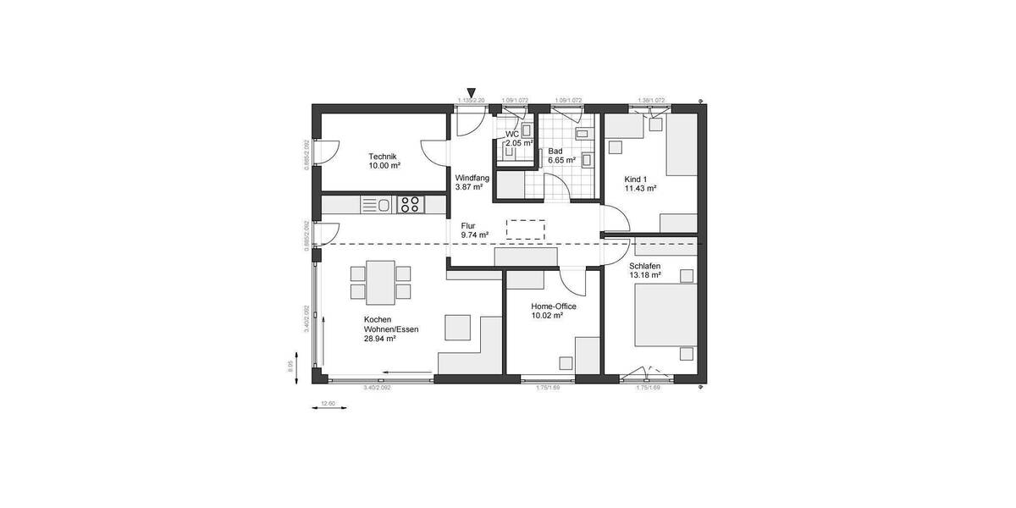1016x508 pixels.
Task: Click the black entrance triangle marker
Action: tap(472, 93)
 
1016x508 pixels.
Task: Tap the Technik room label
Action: tap(383, 157)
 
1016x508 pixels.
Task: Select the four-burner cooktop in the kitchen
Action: tap(410, 204)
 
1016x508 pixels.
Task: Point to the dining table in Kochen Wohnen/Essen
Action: tap(378, 282)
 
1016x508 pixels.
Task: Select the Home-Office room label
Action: tap(553, 306)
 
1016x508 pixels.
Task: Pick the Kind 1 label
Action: tap(635, 179)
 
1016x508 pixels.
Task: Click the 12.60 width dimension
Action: tap(329, 403)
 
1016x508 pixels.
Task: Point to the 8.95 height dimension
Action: tap(290, 365)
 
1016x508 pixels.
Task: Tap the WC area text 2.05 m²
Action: tap(519, 144)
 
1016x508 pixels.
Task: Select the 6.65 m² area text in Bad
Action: tap(561, 160)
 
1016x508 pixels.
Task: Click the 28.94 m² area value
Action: tap(379, 339)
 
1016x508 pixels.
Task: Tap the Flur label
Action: tap(468, 226)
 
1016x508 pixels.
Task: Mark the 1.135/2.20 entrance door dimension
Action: tap(470, 101)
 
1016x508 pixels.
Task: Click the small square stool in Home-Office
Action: tap(565, 362)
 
